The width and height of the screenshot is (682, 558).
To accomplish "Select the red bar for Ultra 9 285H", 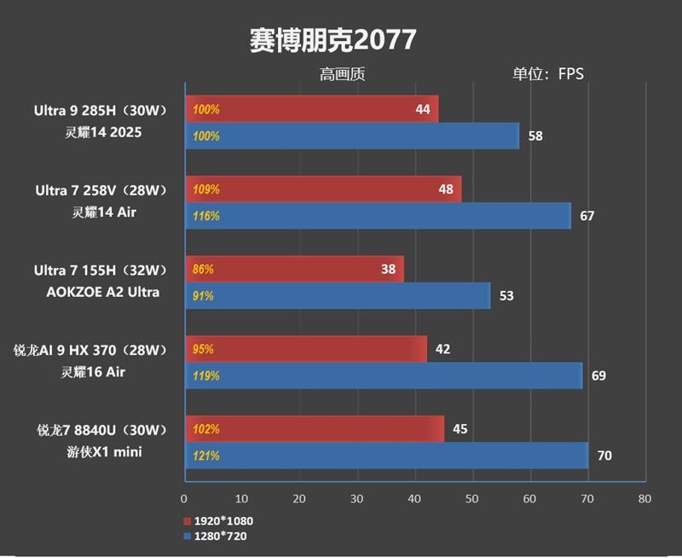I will pyautogui.click(x=311, y=109).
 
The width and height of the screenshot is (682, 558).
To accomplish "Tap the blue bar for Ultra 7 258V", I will pyautogui.click(x=378, y=216).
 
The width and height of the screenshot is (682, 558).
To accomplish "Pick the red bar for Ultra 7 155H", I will pyautogui.click(x=294, y=270).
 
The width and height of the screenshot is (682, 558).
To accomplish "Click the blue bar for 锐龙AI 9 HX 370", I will pyautogui.click(x=384, y=375).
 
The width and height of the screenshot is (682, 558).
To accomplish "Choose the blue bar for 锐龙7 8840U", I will pyautogui.click(x=386, y=456).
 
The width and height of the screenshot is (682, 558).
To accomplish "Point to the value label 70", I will pyautogui.click(x=604, y=456).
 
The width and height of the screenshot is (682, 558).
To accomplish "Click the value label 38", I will pyautogui.click(x=388, y=270).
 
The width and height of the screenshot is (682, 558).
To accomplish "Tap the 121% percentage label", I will pyautogui.click(x=205, y=456).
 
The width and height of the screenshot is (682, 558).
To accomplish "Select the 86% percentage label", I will pyautogui.click(x=203, y=270).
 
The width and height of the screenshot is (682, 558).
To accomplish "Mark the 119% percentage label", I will pyautogui.click(x=205, y=375).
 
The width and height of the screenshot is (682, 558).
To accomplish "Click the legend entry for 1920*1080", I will pyautogui.click(x=218, y=520).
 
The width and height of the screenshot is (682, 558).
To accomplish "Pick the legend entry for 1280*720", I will pyautogui.click(x=215, y=536).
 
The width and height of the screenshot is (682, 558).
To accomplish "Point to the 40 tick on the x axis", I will pyautogui.click(x=414, y=498).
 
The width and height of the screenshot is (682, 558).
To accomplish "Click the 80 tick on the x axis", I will pyautogui.click(x=644, y=498).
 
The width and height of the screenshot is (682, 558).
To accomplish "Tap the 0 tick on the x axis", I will pyautogui.click(x=184, y=498).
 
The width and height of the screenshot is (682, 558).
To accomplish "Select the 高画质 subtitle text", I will pyautogui.click(x=342, y=74).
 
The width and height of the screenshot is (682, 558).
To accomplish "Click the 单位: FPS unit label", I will pyautogui.click(x=548, y=74).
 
